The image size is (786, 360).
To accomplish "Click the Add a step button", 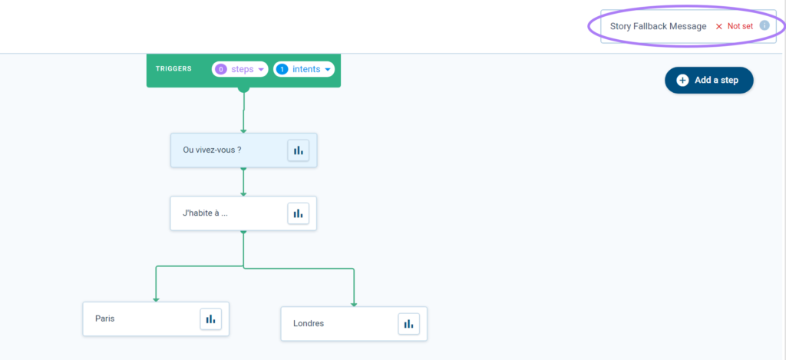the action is (708, 81).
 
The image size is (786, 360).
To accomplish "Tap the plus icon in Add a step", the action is (682, 81).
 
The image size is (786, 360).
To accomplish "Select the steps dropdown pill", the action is (240, 69).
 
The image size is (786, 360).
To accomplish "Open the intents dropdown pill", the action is (304, 69).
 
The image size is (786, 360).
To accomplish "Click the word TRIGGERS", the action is (173, 68).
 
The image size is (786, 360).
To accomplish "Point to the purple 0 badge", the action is (221, 69).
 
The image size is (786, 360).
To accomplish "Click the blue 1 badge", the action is (282, 69).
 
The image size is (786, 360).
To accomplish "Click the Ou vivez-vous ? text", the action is (212, 150).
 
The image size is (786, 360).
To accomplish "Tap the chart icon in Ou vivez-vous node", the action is (299, 150).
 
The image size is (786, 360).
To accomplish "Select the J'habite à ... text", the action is (206, 213).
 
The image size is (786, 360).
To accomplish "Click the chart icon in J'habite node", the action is (299, 213).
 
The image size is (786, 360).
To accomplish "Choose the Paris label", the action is (104, 319).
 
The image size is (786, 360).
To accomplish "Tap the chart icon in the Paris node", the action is (210, 319).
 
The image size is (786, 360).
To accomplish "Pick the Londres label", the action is (309, 323).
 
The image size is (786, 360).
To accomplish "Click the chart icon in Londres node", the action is (408, 324).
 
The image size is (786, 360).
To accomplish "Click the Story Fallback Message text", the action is (658, 27).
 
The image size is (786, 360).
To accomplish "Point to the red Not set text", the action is (740, 27).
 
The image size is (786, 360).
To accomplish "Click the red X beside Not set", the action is (718, 27).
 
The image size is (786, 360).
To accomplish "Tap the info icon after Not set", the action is (765, 25).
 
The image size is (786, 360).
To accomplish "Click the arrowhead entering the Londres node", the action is (353, 304).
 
